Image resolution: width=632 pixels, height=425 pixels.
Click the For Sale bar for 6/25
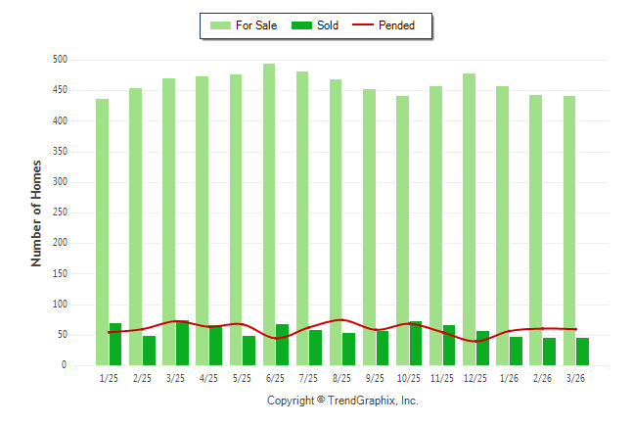click(x=269, y=214)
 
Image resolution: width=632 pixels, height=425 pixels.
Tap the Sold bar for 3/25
click(x=182, y=343)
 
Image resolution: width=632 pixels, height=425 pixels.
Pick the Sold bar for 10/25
click(x=416, y=343)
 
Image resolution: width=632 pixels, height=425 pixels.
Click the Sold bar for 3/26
click(x=582, y=352)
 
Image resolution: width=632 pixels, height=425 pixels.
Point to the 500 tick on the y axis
click(x=60, y=60)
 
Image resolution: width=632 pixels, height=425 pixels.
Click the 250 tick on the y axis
click(x=60, y=212)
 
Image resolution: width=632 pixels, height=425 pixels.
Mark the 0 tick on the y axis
click(x=64, y=365)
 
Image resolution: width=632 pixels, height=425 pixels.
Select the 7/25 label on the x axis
click(x=309, y=377)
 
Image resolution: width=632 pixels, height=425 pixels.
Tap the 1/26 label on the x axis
click(x=509, y=377)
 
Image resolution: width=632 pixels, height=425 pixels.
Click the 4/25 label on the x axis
click(x=208, y=377)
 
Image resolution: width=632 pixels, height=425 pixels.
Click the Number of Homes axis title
click(x=36, y=212)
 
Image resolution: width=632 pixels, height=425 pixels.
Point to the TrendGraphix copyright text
click(x=342, y=401)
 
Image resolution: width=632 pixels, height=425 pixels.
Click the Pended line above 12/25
click(x=475, y=341)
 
